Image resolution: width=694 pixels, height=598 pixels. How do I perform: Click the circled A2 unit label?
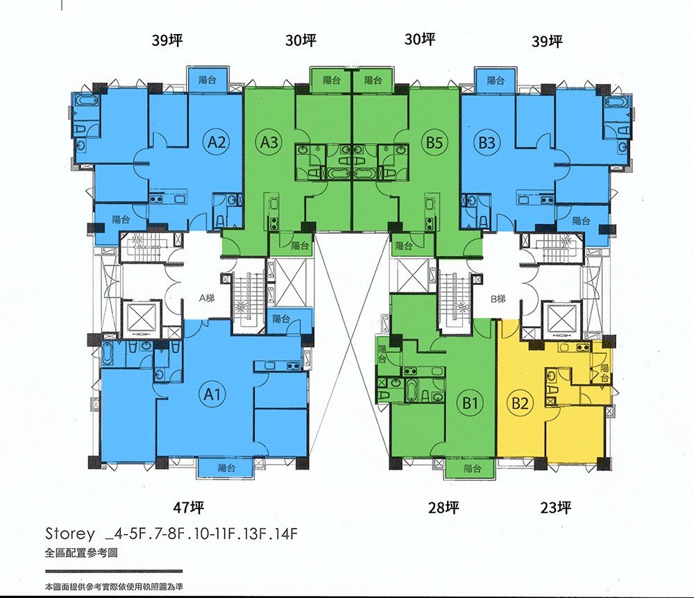point(217,142)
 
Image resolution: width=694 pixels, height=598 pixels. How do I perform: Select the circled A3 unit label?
point(269,142)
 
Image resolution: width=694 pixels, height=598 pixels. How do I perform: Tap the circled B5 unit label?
point(434,142)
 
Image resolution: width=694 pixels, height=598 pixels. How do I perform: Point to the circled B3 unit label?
point(487,142)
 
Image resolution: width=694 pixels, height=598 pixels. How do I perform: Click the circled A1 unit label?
point(212,393)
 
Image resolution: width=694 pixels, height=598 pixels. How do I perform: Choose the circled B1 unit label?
point(470,403)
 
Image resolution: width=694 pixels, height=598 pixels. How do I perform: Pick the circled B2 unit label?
point(520,403)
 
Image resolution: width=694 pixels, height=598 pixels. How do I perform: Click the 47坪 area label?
point(189,507)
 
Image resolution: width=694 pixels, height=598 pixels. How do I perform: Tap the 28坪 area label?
point(443,507)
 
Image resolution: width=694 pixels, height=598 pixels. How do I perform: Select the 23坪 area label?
point(555,507)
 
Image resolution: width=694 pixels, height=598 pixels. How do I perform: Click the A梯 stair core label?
point(207,298)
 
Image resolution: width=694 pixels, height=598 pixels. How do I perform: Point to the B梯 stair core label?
point(498,299)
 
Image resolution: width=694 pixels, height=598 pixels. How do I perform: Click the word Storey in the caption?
point(70,534)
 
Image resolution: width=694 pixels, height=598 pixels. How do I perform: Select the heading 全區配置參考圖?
point(81,553)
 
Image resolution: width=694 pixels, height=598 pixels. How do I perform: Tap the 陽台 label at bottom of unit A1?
point(227,468)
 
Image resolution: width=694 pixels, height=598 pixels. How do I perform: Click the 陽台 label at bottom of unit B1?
point(473,468)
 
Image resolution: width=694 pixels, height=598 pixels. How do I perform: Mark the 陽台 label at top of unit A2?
point(208,80)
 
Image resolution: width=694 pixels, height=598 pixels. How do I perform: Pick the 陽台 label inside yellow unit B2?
point(605,373)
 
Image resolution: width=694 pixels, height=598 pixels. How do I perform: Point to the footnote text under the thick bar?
point(114,587)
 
